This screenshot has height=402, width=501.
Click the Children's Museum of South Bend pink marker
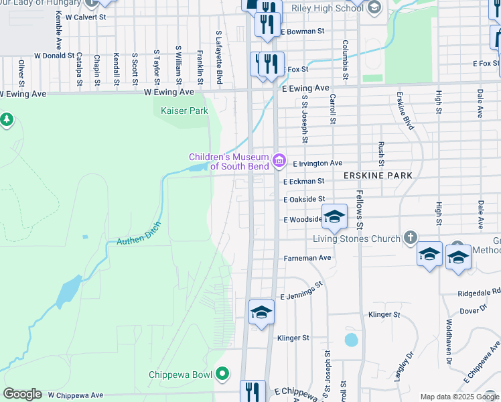pos(280,161)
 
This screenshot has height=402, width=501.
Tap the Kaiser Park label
pos(185,111)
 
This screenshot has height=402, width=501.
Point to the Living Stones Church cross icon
pos(411,239)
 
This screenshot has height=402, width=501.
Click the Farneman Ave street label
pos(307,257)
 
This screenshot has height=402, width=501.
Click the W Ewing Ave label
pos(169,92)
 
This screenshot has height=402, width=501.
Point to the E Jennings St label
pos(302,291)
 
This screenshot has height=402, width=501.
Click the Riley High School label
pos(328,8)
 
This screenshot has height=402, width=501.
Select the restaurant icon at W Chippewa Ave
pos(252,391)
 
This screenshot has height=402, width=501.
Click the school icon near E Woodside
pos(335,216)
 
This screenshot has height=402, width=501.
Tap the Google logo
pos(22,394)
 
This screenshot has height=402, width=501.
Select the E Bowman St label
pos(303,31)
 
